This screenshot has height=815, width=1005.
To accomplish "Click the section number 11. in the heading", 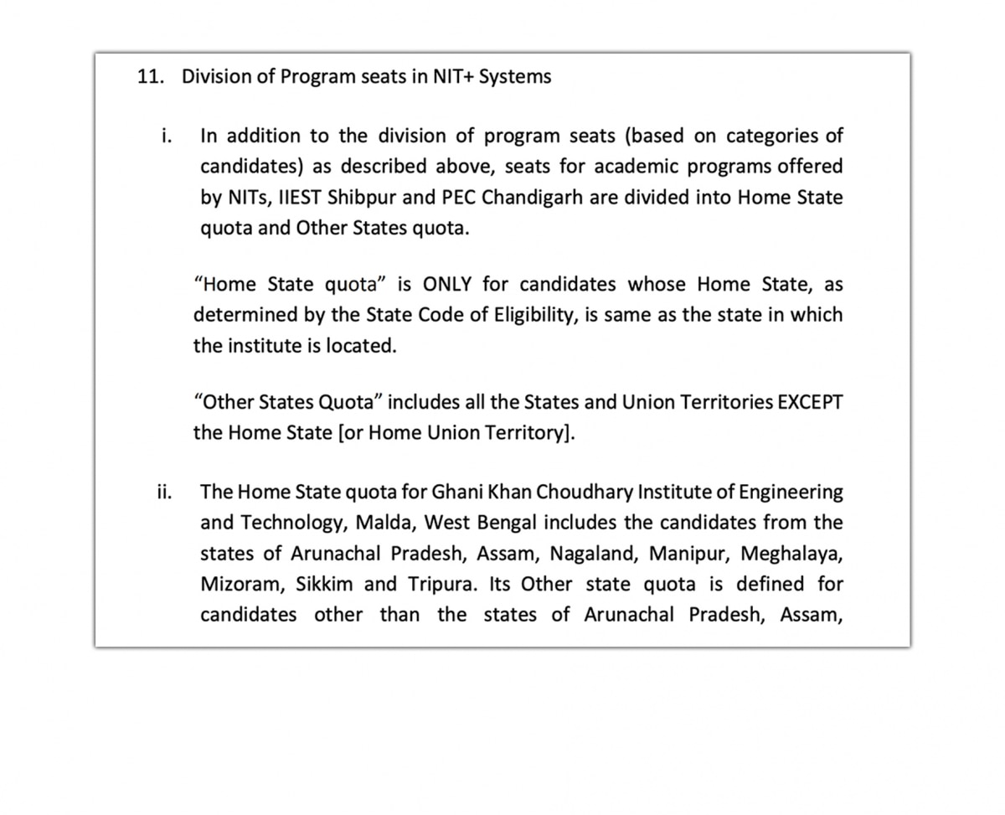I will point(151,77).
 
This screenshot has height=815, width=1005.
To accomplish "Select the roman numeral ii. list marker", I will point(164,492).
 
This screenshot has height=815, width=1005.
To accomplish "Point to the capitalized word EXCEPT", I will point(810,402).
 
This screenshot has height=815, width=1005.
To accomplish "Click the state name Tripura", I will point(441,585).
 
